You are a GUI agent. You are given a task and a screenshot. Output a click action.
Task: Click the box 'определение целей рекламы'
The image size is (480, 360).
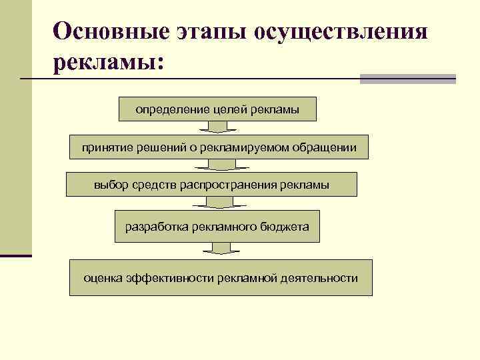pos(217,109)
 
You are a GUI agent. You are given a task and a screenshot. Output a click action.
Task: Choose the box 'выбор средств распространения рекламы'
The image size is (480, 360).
pos(211,185)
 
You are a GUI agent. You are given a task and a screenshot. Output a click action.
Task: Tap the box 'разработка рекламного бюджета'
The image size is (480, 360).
pos(217,227)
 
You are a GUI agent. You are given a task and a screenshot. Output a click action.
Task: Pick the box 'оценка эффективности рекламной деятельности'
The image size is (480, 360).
pos(221,278)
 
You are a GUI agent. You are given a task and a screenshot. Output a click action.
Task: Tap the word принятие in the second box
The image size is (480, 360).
pos(104,147)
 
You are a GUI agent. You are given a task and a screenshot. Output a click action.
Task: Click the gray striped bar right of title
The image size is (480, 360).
pos(407,79)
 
